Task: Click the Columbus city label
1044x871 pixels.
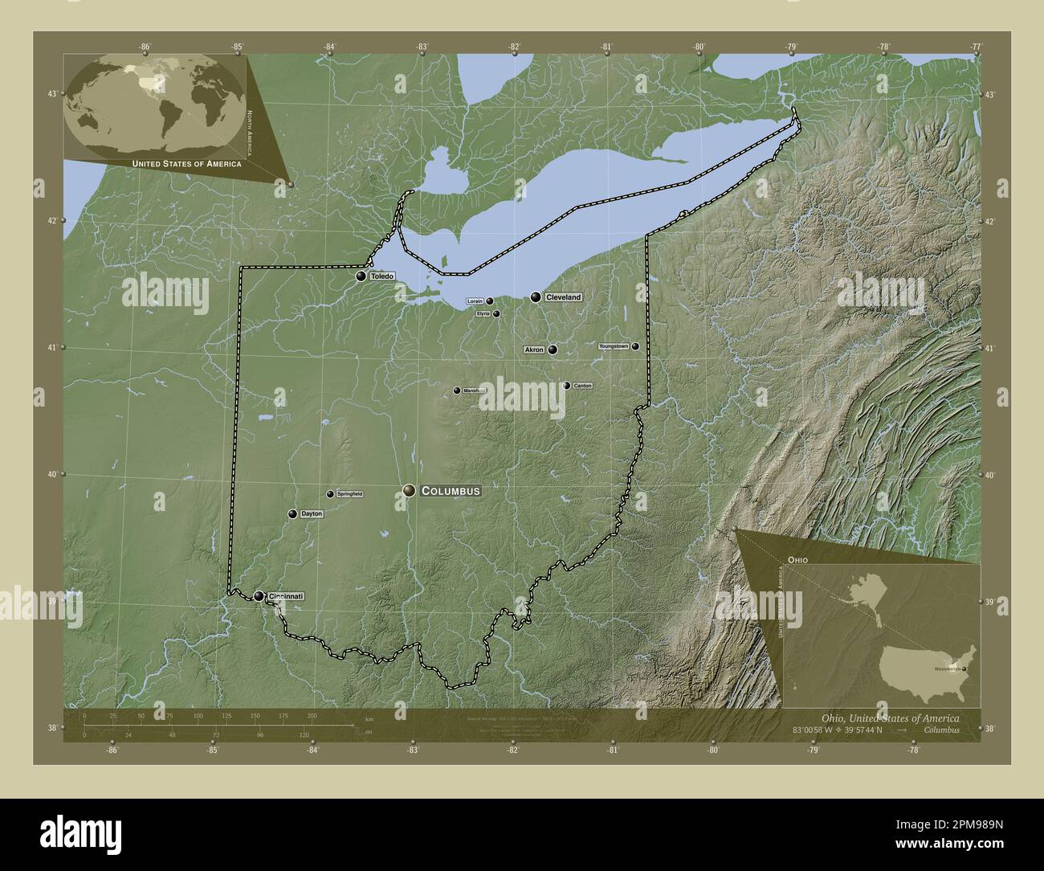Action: click(x=451, y=490)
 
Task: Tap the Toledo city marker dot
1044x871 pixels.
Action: click(x=361, y=276)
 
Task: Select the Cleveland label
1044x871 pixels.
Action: click(x=563, y=297)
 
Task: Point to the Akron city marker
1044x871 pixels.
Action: click(x=553, y=350)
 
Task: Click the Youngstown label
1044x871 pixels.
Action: click(x=614, y=346)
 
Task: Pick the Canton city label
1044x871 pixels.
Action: click(x=583, y=386)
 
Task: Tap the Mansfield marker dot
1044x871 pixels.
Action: click(x=457, y=391)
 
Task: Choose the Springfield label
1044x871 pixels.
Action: click(x=349, y=493)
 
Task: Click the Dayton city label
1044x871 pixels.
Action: click(x=312, y=513)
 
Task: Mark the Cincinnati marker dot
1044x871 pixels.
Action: click(x=259, y=596)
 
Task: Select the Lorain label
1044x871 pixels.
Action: click(x=475, y=301)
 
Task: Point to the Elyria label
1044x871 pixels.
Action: click(x=483, y=313)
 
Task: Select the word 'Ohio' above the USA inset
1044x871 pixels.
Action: click(x=797, y=558)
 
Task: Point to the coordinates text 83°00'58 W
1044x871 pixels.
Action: click(x=814, y=730)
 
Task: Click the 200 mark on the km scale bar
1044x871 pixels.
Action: click(x=312, y=715)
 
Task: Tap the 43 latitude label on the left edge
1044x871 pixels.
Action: click(x=51, y=94)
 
